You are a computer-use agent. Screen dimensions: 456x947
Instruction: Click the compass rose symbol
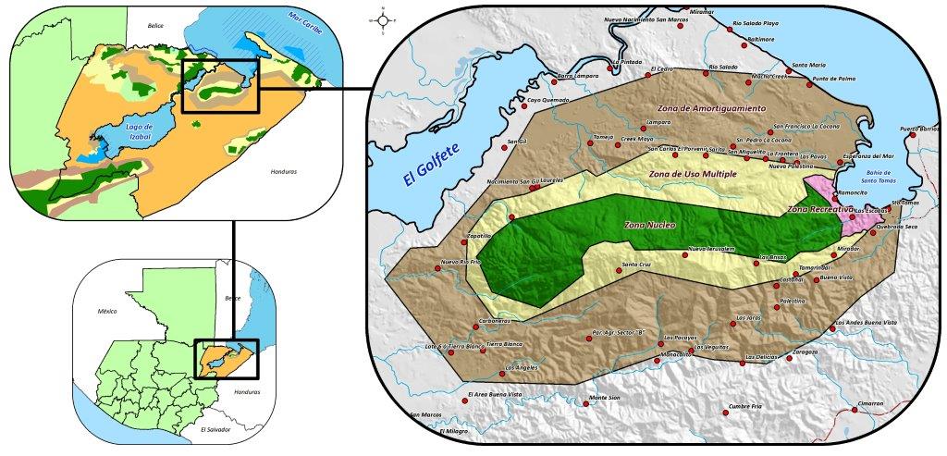(383, 19)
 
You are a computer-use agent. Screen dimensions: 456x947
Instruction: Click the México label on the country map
(108, 313)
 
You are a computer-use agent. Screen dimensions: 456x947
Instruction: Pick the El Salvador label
(217, 430)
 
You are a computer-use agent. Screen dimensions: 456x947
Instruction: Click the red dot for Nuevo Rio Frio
(438, 269)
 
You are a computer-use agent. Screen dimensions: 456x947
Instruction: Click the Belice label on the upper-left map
(154, 26)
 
